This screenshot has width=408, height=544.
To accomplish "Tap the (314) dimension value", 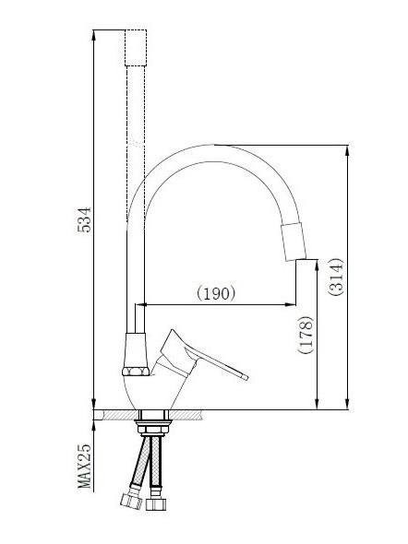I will pyautogui.click(x=336, y=275).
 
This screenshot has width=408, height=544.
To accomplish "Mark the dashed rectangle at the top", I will pyautogui.click(x=136, y=47).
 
